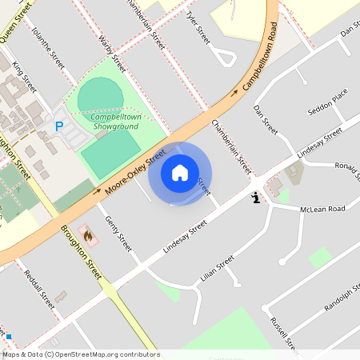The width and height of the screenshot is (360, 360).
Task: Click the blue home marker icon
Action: [180, 173]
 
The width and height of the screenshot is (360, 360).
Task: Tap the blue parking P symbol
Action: [58, 126]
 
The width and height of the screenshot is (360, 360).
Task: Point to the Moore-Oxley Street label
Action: [135, 170]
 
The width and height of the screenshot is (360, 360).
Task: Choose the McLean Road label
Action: [322, 209]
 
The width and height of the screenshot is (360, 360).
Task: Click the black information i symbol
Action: [255, 197]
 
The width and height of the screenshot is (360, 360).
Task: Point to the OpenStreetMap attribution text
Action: [81, 354]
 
